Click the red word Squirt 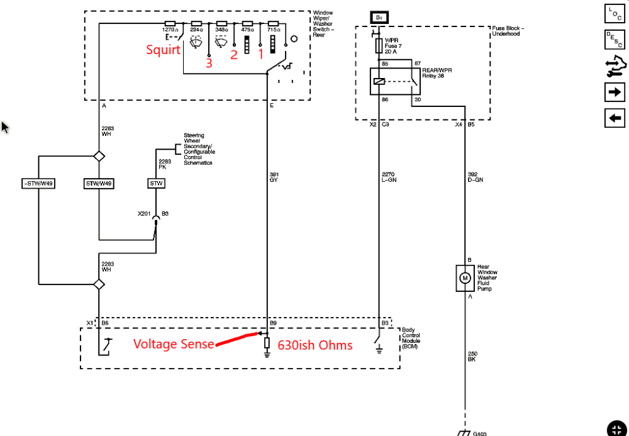(164, 50)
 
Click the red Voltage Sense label (172, 344)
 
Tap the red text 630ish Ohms (315, 344)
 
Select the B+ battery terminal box (379, 17)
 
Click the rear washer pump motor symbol (465, 278)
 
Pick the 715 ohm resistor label (274, 30)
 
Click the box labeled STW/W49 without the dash (99, 184)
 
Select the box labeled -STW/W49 (38, 184)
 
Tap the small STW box (156, 184)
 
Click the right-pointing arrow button (615, 92)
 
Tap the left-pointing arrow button (615, 118)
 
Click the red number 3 (209, 63)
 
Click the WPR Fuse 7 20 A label (394, 45)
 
